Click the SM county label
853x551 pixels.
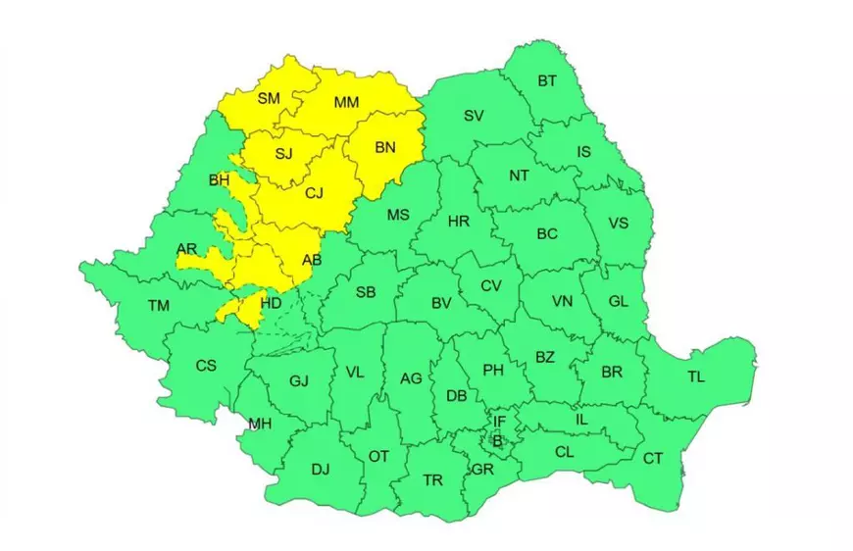269,97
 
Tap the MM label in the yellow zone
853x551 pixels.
346,102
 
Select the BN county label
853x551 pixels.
385,148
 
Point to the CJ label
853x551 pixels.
314,193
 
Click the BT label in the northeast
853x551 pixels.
547,80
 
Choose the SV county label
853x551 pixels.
474,116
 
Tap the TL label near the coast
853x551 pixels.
696,376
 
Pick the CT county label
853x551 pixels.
653,458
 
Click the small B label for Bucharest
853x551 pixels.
497,442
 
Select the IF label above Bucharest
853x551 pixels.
499,423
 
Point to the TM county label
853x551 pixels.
159,306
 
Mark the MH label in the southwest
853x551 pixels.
260,425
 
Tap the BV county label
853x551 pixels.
441,303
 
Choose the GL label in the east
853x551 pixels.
618,302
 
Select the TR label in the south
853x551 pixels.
432,480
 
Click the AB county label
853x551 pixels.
312,260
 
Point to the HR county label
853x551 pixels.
459,222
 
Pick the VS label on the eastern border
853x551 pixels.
618,224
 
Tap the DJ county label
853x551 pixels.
321,470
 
